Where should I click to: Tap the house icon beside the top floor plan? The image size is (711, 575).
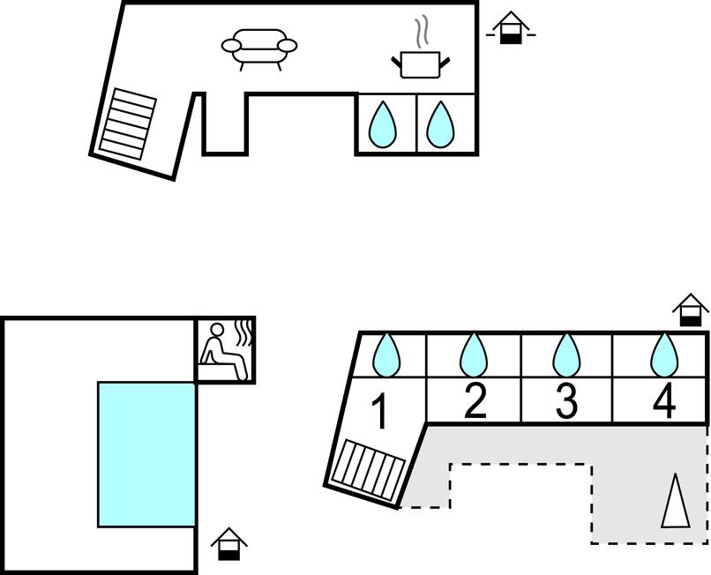[510, 28]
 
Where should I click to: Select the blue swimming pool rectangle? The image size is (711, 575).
[146, 454]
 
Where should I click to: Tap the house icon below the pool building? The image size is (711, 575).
[229, 543]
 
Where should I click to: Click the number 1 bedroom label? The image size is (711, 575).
[379, 412]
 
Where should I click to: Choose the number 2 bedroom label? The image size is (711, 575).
[475, 401]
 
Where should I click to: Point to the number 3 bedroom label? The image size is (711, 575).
[565, 401]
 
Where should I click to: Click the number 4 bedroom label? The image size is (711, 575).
[663, 401]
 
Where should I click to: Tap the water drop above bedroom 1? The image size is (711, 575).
[386, 355]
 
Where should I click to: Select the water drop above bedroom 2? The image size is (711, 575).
[474, 355]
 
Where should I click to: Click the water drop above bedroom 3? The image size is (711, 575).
[565, 355]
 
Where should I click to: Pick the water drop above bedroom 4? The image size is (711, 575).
[663, 355]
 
